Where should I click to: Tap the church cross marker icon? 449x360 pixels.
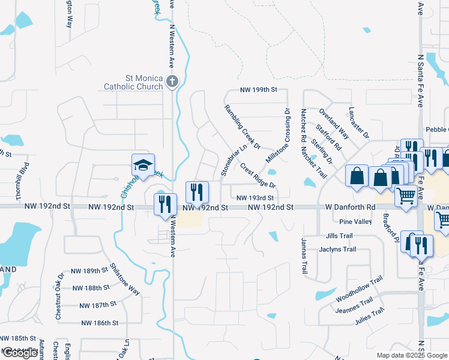coord(172,82)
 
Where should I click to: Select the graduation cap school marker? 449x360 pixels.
coord(143,165)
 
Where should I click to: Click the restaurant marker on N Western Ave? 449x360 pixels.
coord(165,204)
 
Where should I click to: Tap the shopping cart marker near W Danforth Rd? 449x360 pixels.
coord(406,196)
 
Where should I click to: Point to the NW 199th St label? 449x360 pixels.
coord(258,90)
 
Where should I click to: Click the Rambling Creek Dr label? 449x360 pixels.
coord(242,127)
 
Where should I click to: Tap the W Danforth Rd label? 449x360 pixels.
coord(351,207)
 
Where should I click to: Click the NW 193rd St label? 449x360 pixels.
coord(255,197)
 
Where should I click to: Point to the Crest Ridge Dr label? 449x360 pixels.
coord(258,175)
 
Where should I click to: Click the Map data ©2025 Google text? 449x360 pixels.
coord(411,355)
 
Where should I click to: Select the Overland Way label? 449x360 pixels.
coord(334,124)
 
